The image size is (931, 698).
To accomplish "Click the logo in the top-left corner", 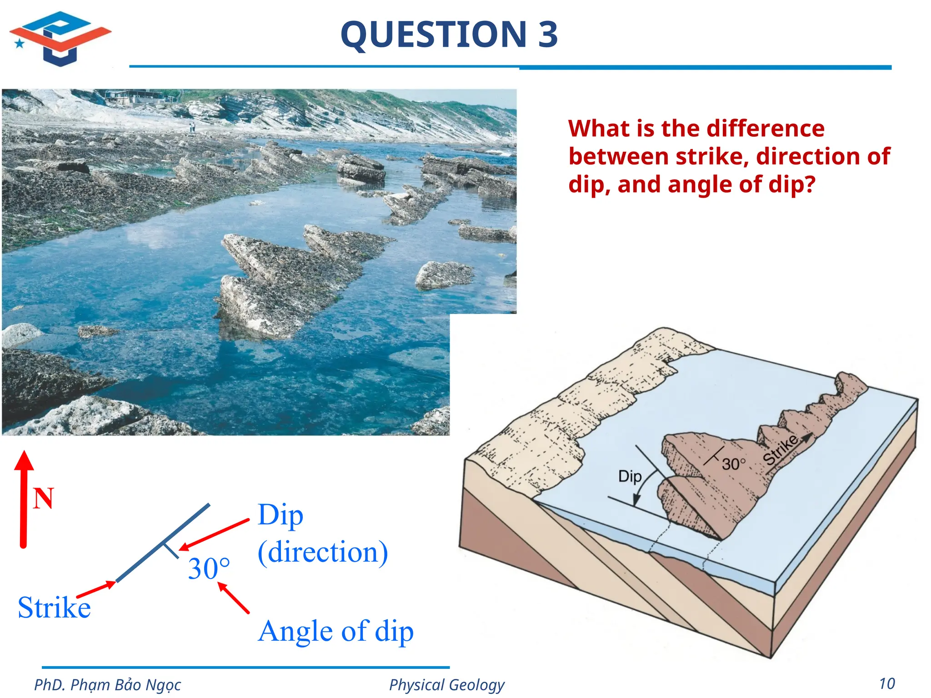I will click(x=60, y=38).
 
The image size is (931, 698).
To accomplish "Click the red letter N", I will click(x=44, y=499).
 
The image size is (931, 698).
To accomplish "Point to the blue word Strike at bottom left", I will click(x=54, y=608).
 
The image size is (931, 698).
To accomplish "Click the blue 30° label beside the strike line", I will click(x=209, y=568).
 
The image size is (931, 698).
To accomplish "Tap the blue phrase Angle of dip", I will click(x=335, y=631).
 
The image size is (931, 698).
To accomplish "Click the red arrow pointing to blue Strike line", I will click(x=96, y=589).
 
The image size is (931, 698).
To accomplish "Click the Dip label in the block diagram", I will click(x=630, y=476).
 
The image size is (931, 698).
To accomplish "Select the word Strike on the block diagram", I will click(x=781, y=449).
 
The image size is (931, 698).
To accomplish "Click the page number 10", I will click(x=887, y=683).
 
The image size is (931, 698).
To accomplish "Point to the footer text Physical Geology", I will click(x=446, y=684).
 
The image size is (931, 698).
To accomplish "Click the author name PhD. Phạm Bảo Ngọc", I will click(x=107, y=684).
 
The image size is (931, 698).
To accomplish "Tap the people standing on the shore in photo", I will click(x=192, y=127).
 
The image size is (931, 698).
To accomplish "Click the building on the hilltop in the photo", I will click(x=132, y=97).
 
